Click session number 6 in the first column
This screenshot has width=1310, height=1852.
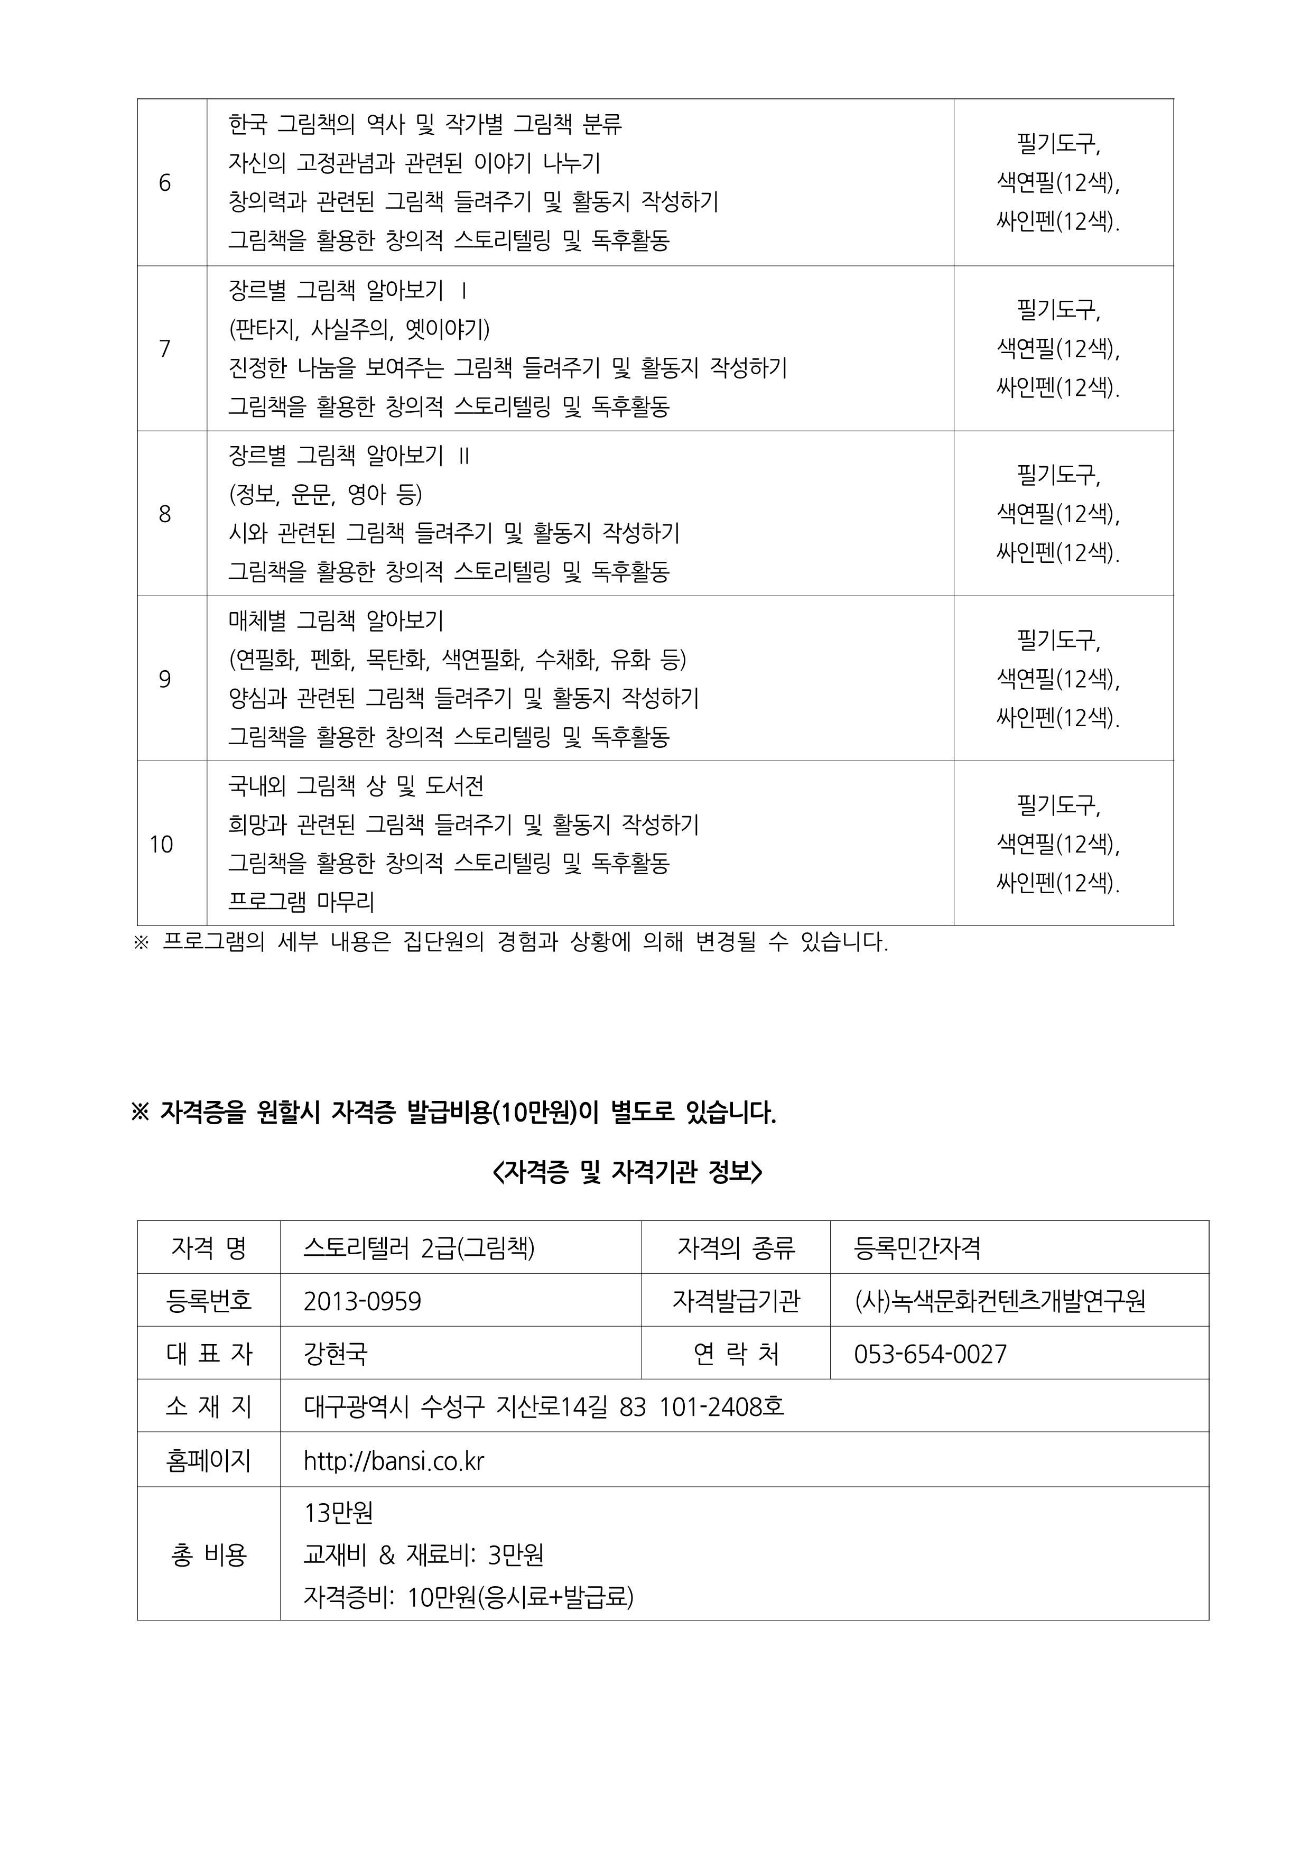164,183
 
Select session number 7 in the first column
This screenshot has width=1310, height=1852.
164,348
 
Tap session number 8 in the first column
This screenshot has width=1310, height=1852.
164,514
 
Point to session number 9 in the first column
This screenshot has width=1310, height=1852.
164,679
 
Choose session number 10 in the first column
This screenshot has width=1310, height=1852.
161,845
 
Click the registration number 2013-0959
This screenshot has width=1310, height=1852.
362,1301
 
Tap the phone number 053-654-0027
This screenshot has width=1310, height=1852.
930,1354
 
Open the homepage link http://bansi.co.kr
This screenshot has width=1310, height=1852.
394,1461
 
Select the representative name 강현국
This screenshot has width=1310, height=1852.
336,1354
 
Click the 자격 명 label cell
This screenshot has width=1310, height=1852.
209,1248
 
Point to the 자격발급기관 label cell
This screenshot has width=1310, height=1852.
736,1301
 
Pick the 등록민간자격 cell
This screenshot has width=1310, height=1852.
917,1248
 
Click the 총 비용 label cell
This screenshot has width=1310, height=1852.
209,1554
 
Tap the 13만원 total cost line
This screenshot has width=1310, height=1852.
339,1512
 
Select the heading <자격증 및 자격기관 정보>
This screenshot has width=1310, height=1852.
627,1172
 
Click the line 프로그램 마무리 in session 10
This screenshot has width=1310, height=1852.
302,902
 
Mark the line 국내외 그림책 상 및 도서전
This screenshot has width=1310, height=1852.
356,785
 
